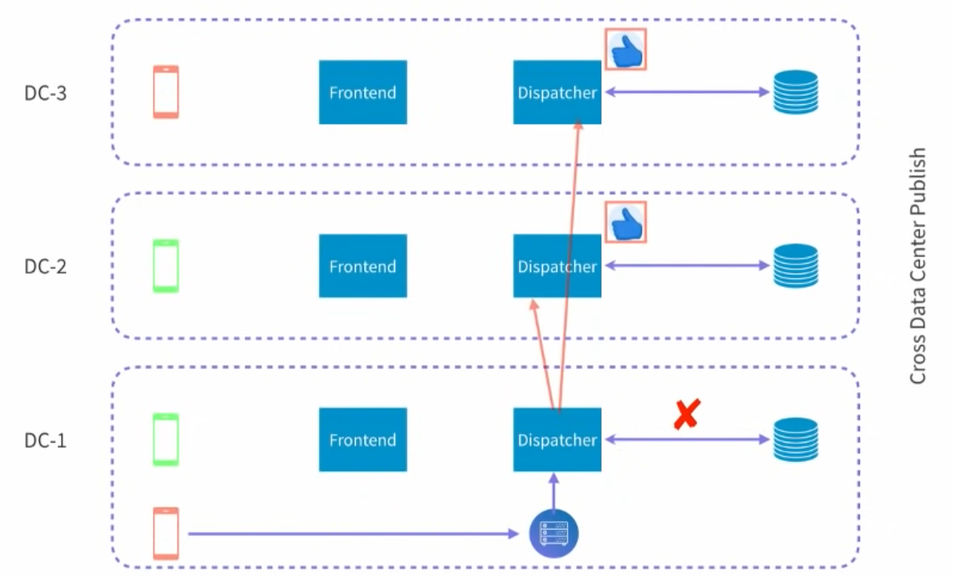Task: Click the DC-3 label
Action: pos(45,94)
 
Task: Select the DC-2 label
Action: pos(45,267)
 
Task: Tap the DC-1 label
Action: pos(45,440)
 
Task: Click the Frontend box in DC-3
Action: pos(362,92)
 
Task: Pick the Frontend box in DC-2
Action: pos(362,266)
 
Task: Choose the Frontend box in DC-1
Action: pos(362,440)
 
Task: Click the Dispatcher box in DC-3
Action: pos(557,92)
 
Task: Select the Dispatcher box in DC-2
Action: pos(557,266)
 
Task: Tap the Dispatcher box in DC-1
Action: pos(557,440)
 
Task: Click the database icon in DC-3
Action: pos(795,92)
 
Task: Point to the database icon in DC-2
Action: pos(795,266)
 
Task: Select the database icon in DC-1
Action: pos(795,440)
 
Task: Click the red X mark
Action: pos(686,415)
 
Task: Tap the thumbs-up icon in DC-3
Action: pos(625,50)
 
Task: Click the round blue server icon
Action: pos(554,533)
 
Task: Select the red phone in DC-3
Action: pos(166,92)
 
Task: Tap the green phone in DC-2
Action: pos(166,266)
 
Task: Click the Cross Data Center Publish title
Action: pos(918,266)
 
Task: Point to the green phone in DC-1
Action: pos(166,440)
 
